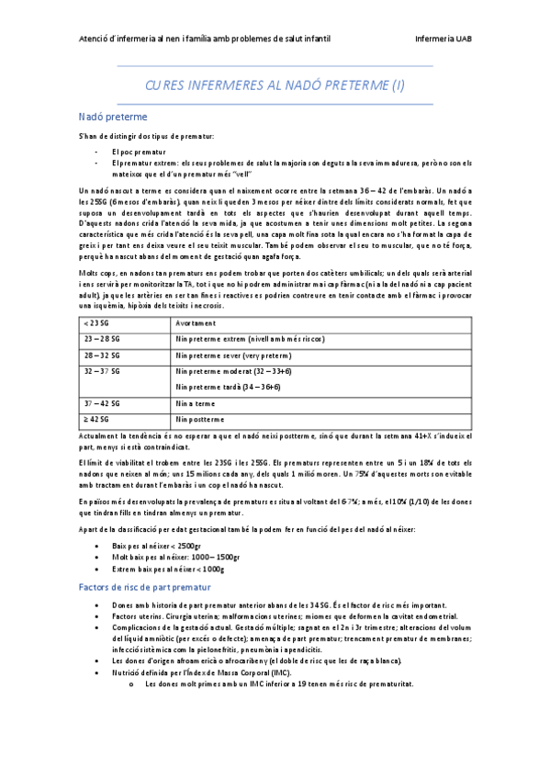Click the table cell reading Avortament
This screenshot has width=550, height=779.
197,324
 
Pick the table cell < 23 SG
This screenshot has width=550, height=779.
94,324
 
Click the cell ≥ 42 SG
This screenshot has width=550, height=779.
95,419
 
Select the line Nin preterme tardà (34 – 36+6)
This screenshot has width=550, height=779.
228,388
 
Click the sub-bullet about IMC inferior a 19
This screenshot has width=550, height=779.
279,684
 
